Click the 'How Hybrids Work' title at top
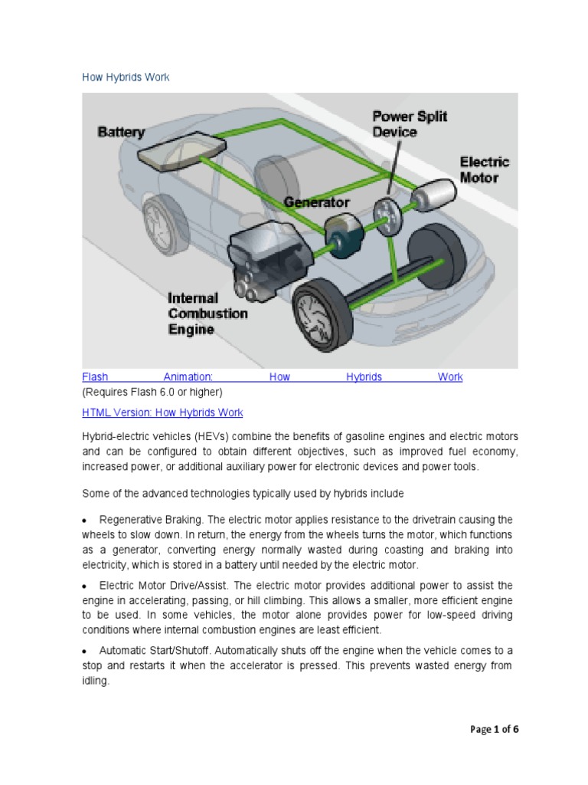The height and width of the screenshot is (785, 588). tap(126, 77)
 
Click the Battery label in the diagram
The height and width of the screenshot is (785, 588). tap(121, 132)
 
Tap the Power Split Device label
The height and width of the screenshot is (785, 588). tap(410, 124)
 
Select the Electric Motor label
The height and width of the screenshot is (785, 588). tap(484, 169)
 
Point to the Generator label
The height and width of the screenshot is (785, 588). tap(316, 202)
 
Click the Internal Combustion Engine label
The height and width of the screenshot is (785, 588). tap(207, 314)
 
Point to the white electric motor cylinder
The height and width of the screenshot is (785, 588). tap(433, 195)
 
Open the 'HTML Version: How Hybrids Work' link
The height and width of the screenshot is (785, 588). tap(162, 412)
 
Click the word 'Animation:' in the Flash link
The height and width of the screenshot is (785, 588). tap(188, 377)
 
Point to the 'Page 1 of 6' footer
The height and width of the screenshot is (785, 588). tap(494, 729)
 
